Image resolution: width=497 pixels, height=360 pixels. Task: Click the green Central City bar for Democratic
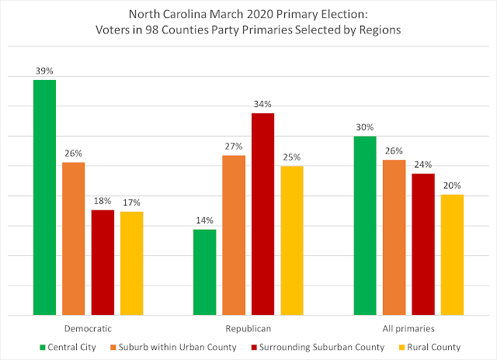[x=45, y=197]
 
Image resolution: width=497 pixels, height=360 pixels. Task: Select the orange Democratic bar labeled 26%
[x=74, y=239]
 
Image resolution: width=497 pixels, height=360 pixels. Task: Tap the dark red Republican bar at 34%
[x=262, y=214]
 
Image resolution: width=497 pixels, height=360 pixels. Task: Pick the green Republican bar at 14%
[x=205, y=272]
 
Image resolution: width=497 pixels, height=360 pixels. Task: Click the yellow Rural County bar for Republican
[x=292, y=241]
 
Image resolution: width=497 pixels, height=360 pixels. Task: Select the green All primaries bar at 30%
[x=365, y=226]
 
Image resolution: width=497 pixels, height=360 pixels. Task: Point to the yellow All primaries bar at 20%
[x=452, y=255]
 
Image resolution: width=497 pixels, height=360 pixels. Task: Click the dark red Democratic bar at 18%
[x=103, y=262]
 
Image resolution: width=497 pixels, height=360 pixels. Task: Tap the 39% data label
[x=44, y=71]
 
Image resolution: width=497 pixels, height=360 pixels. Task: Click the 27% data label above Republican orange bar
[x=234, y=147]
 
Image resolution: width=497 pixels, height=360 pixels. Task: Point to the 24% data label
[x=423, y=164]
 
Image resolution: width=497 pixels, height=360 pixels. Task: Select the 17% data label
[x=131, y=202]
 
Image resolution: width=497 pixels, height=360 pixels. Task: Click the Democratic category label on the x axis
[x=88, y=329]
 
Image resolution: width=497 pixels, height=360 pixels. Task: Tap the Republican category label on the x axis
[x=248, y=329]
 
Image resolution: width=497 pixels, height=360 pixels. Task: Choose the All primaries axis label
[x=408, y=329]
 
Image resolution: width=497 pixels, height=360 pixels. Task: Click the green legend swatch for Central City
[x=43, y=348]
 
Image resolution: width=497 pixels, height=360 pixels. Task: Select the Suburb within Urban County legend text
[x=178, y=348]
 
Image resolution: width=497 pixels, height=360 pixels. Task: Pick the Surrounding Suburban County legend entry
[x=318, y=348]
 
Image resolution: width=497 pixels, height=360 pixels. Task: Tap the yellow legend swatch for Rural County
[x=401, y=348]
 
